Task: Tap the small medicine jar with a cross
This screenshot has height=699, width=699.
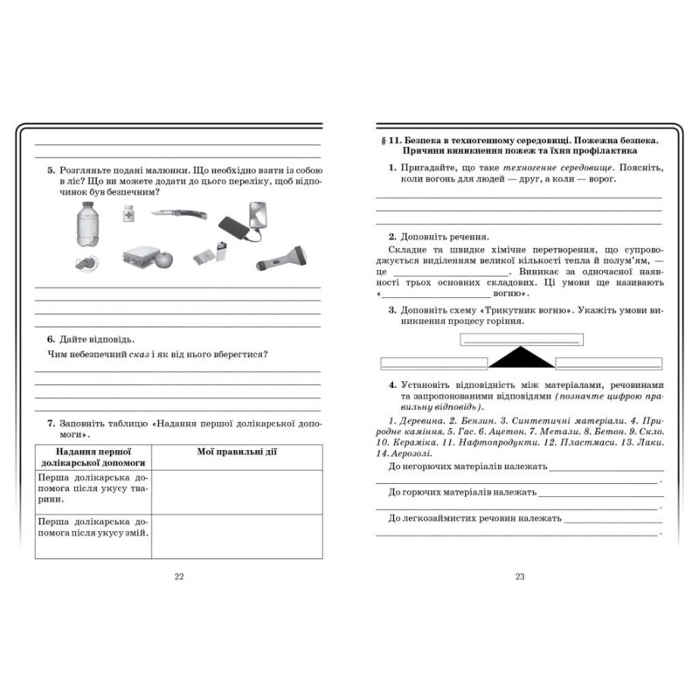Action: click(x=128, y=212)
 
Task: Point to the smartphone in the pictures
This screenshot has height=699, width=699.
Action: click(x=256, y=214)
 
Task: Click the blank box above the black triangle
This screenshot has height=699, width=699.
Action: click(x=521, y=340)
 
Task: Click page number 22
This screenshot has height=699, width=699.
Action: click(x=179, y=576)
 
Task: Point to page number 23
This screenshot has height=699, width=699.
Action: click(x=520, y=576)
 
